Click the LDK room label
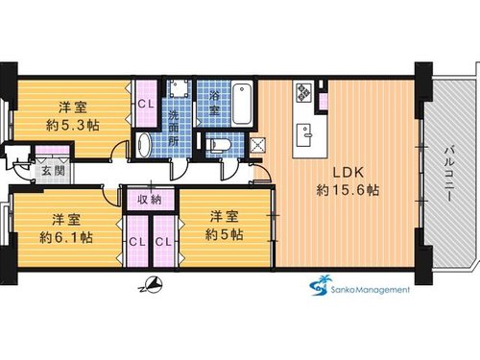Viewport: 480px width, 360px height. tap(348, 173)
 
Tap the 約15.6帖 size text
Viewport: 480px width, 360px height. tap(348, 190)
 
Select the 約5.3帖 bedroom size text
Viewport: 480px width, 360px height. tap(73, 125)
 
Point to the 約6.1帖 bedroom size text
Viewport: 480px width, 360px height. tap(66, 238)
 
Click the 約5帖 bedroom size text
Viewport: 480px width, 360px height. tap(224, 235)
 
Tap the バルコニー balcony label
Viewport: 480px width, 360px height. tap(450, 174)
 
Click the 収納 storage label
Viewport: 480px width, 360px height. tap(150, 200)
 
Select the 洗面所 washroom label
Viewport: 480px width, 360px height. tap(174, 129)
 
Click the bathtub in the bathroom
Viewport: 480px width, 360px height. tap(242, 104)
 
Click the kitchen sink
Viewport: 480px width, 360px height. tap(304, 134)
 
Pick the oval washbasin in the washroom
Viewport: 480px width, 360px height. tap(143, 146)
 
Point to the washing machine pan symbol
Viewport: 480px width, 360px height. tap(179, 88)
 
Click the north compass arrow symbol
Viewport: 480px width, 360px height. tap(152, 285)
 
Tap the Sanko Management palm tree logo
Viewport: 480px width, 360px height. tap(319, 285)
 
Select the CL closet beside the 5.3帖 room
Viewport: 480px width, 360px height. tap(146, 104)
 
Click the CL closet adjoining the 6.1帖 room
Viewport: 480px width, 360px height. tap(137, 242)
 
